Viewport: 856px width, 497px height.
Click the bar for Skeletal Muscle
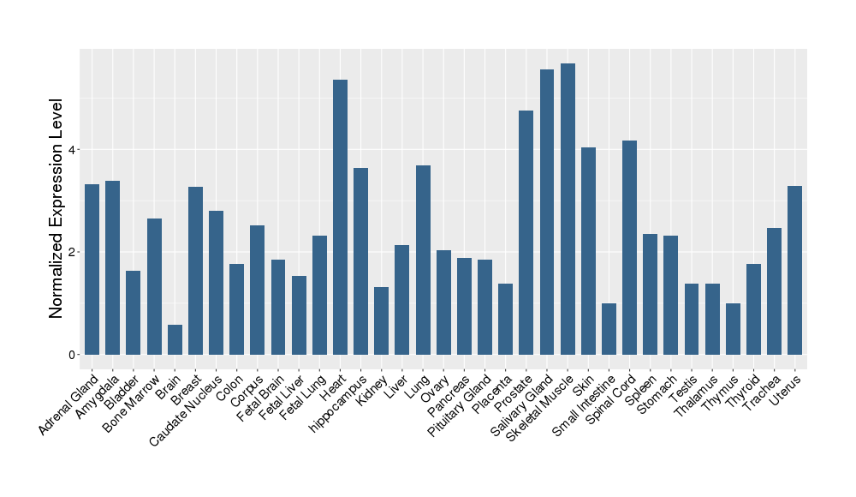(x=568, y=209)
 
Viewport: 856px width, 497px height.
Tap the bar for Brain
(x=175, y=339)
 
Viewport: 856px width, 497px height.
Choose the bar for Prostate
(x=526, y=232)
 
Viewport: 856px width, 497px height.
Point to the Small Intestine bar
(x=609, y=329)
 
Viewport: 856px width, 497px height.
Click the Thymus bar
(x=733, y=329)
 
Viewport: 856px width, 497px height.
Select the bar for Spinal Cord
(x=629, y=248)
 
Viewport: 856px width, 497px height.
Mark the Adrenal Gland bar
(x=92, y=269)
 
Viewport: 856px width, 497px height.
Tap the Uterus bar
(x=795, y=270)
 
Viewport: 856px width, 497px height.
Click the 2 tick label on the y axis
(x=73, y=252)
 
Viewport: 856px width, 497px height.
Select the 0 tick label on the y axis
(x=73, y=355)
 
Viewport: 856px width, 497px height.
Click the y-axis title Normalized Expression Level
(x=56, y=208)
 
